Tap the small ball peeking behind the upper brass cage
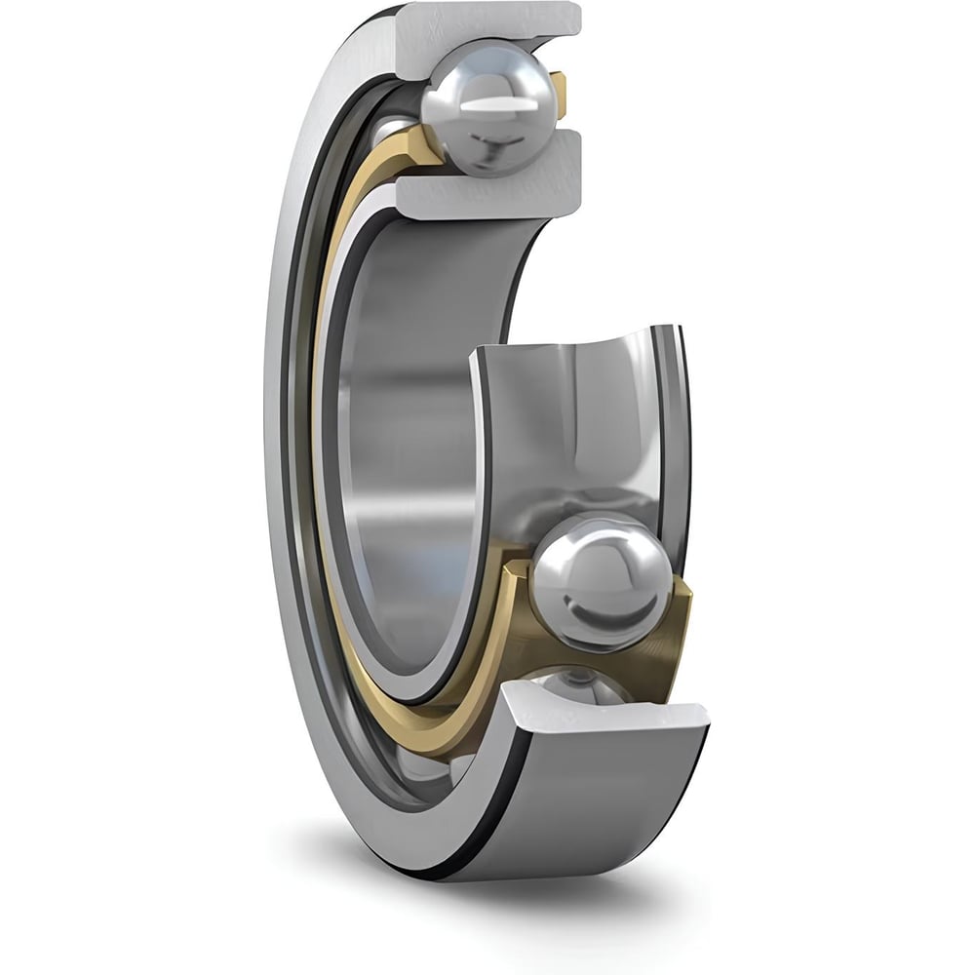(x=392, y=127)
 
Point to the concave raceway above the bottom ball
(x=575, y=409)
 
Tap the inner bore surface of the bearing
(x=409, y=439)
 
